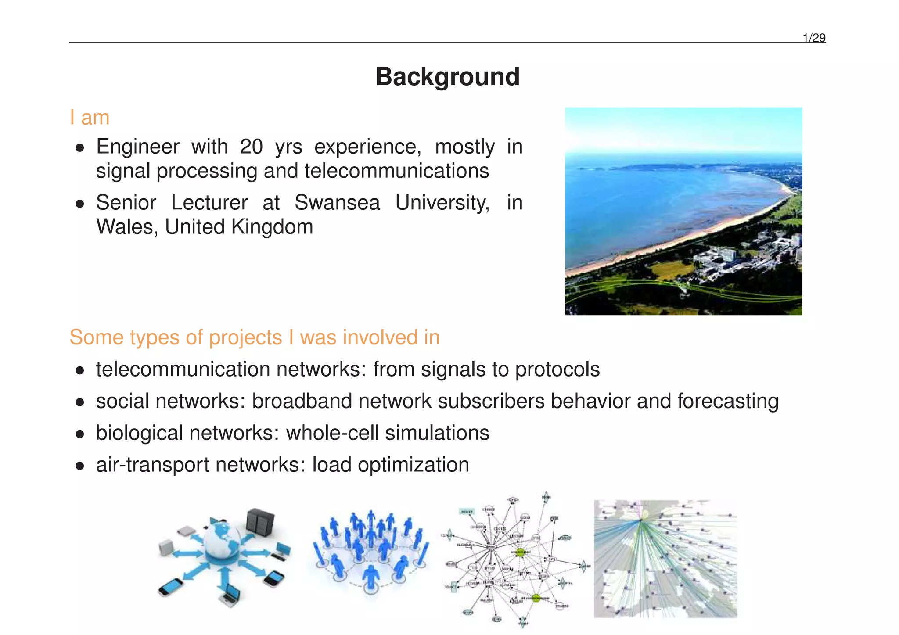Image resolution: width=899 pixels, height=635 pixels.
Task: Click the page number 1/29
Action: point(814,38)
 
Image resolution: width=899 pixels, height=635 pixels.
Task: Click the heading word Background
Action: point(447,76)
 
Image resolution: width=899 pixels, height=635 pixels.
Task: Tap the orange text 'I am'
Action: point(90,118)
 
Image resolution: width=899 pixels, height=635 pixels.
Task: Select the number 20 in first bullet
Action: point(251,147)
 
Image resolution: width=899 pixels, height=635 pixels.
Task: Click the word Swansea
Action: point(337,203)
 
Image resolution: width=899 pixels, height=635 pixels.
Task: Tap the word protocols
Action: point(557,369)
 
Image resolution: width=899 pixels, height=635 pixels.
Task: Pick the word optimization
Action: point(413,465)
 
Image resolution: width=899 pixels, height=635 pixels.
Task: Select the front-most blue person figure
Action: point(371,578)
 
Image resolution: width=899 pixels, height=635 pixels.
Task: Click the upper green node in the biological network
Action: point(520,552)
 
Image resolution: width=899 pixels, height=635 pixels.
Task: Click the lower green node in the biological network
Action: point(536,597)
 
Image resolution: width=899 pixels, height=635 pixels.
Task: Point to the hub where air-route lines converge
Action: point(640,521)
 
